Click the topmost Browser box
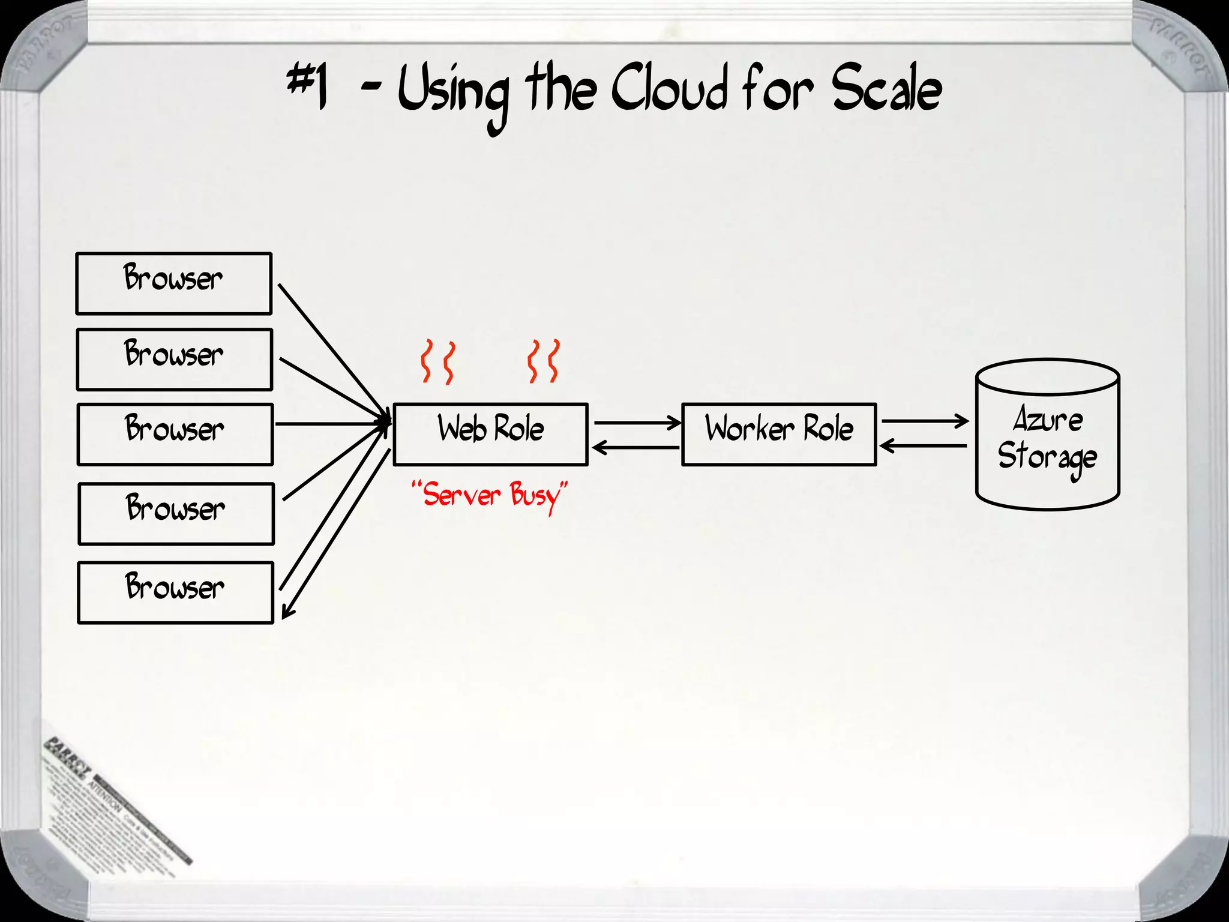[173, 283]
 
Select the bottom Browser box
[175, 592]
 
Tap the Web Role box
[490, 434]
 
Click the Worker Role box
[779, 434]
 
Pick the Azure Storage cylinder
[1047, 435]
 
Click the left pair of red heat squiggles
[437, 361]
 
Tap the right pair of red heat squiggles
[544, 361]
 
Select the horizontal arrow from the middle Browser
[330, 424]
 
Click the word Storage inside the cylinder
[1047, 457]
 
